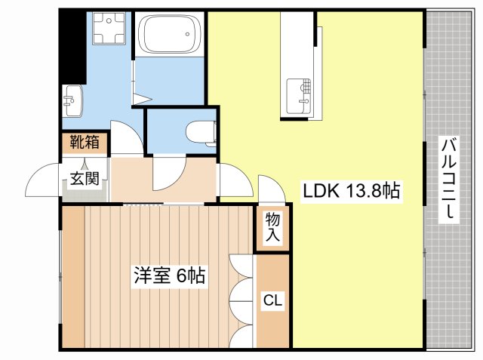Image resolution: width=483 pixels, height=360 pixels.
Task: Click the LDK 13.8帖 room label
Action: pyautogui.click(x=351, y=192)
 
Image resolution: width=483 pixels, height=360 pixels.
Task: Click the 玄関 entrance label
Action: pyautogui.click(x=83, y=179)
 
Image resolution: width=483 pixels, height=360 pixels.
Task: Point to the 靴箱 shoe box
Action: pyautogui.click(x=83, y=142)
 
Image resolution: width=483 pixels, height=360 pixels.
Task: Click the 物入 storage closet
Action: pyautogui.click(x=272, y=227)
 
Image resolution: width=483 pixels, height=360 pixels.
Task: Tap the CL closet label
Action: pyautogui.click(x=272, y=301)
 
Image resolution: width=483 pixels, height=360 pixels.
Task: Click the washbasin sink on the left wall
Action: pyautogui.click(x=72, y=100)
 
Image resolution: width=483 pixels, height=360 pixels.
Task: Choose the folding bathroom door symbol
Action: pyautogui.click(x=138, y=83)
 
